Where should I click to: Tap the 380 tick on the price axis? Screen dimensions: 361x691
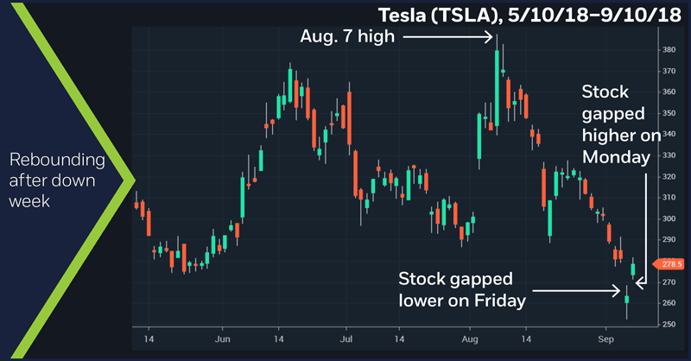tap(669, 50)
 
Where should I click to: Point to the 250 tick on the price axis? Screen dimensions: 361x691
tap(669, 324)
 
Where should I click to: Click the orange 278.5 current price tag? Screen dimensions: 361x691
tap(673, 263)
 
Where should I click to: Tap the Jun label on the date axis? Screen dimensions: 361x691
tap(223, 339)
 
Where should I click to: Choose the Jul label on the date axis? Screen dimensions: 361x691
tap(345, 339)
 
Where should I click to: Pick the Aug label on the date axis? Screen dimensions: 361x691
tap(472, 339)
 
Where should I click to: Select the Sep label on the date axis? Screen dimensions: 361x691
tap(605, 339)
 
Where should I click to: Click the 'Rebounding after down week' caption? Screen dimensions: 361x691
tap(57, 181)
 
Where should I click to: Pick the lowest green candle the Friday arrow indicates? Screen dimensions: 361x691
tap(627, 299)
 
